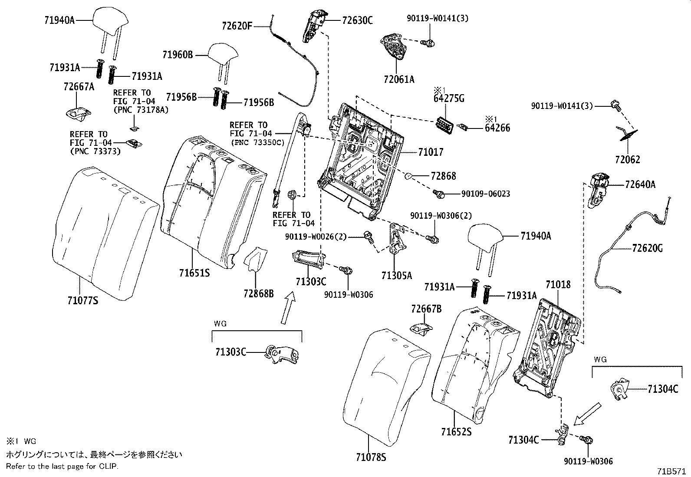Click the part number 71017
tap(431, 152)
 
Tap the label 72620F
tap(237, 26)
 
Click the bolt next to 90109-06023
tap(439, 194)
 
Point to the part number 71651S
tap(194, 273)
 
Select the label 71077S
tap(82, 300)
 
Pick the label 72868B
tap(258, 294)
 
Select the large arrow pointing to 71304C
tap(587, 414)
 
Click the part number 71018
tap(558, 285)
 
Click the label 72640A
tap(640, 184)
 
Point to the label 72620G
tap(647, 248)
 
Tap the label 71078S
tap(371, 457)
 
